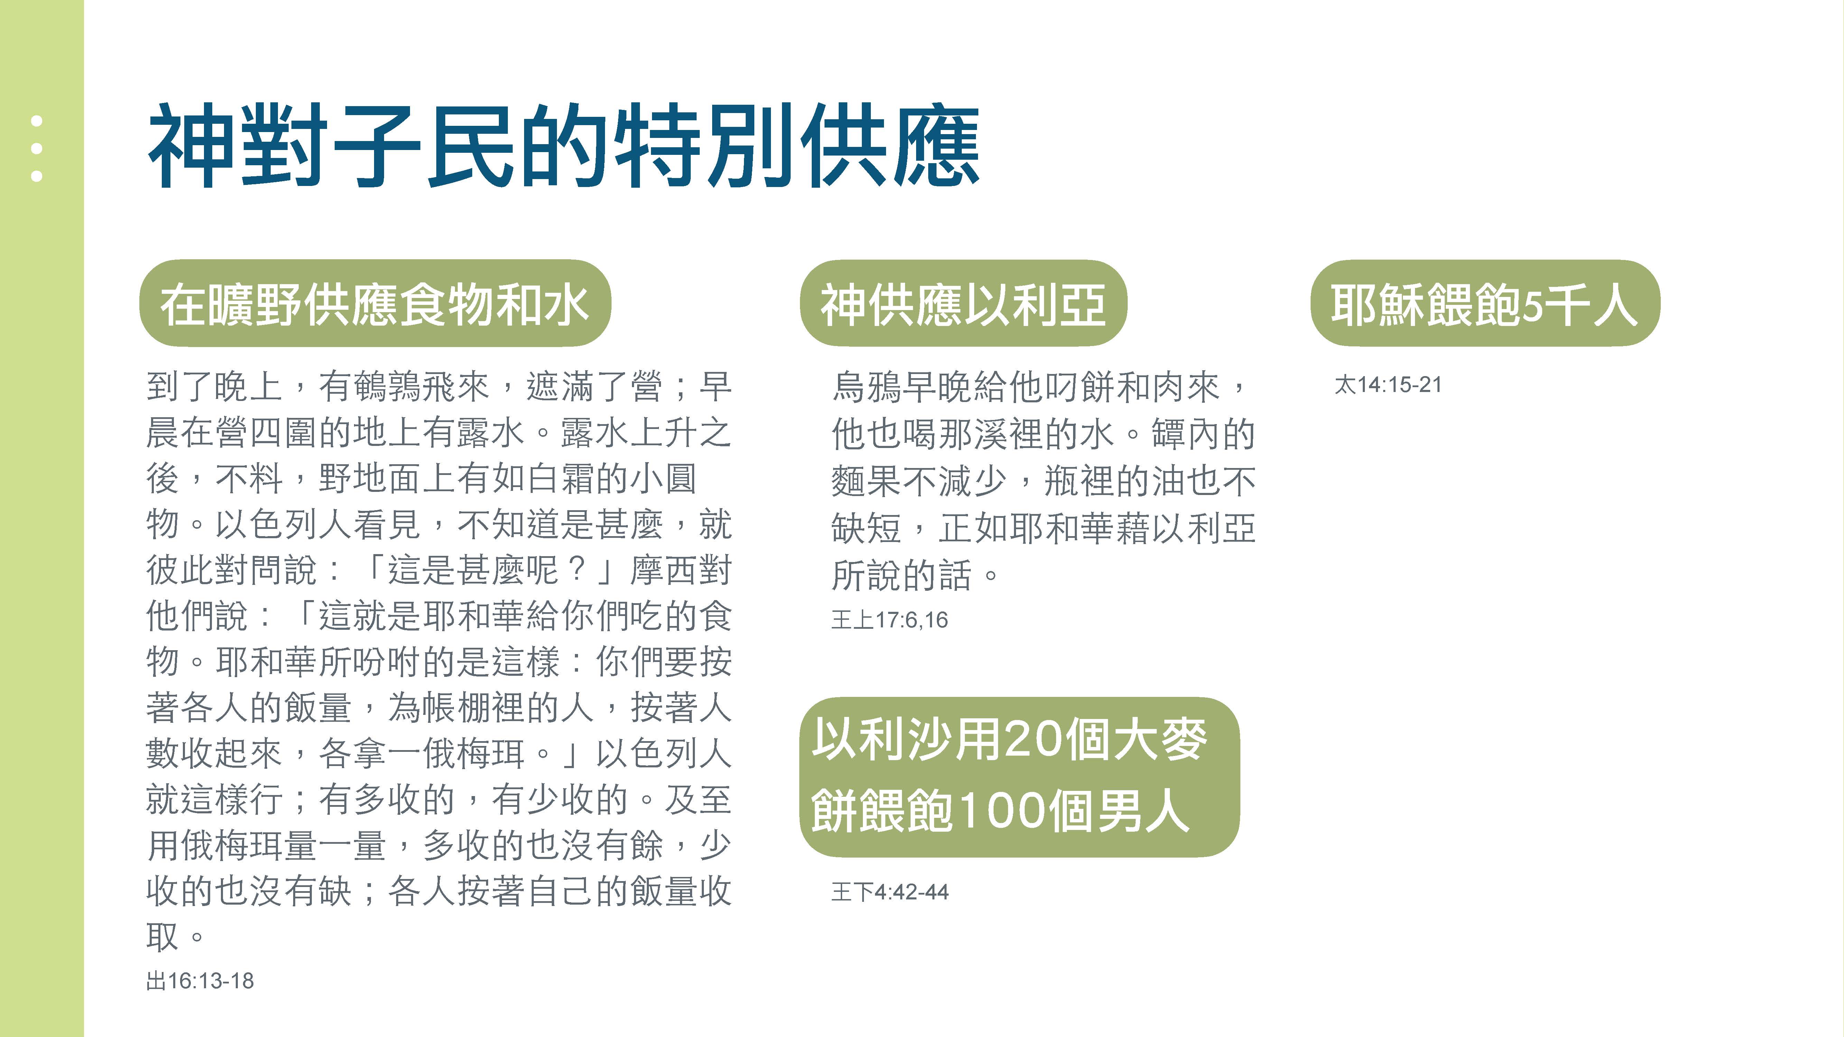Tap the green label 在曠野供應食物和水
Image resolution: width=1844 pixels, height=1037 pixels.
click(x=375, y=303)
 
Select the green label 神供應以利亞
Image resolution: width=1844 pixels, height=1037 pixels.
click(x=963, y=303)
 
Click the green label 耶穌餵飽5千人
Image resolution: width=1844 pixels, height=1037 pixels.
click(x=1485, y=303)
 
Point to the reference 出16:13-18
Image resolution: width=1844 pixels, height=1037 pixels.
click(x=200, y=980)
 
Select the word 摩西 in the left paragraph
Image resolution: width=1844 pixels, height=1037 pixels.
click(x=663, y=570)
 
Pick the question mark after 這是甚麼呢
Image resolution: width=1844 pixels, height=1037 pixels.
click(x=577, y=570)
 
